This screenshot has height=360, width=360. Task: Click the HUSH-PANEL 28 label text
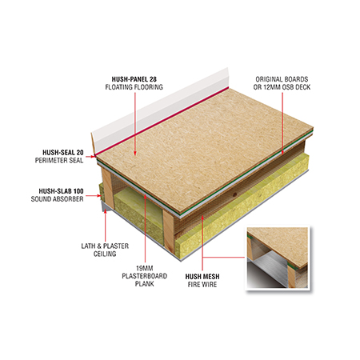pos(134,79)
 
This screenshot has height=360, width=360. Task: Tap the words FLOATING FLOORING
pos(134,87)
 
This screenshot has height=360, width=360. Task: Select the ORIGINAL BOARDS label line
pos(282,79)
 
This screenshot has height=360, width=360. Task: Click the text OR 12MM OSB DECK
pos(282,87)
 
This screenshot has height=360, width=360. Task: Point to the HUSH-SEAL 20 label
pos(63,153)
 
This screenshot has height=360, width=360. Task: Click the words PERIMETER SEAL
pos(59,161)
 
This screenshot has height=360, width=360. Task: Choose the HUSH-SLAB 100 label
pos(61,191)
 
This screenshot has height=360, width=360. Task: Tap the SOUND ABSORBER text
pos(57,199)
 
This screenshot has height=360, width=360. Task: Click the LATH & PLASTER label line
pos(105,246)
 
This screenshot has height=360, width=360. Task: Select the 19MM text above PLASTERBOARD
pos(145,268)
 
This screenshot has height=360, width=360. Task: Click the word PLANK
pos(145,284)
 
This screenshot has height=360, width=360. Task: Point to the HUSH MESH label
pos(202,277)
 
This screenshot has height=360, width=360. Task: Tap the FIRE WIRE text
pos(202,285)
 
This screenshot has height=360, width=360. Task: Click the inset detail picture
pos(278,258)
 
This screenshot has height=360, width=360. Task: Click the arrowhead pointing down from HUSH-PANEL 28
pos(135,154)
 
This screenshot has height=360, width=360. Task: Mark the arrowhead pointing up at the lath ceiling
pos(106,211)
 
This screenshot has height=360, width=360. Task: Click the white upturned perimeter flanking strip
pos(160,110)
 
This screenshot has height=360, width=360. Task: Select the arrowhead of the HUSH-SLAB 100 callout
pos(99,196)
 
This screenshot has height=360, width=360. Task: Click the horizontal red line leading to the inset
pos(223,258)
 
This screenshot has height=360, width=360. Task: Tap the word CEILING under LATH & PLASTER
pos(105,254)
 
